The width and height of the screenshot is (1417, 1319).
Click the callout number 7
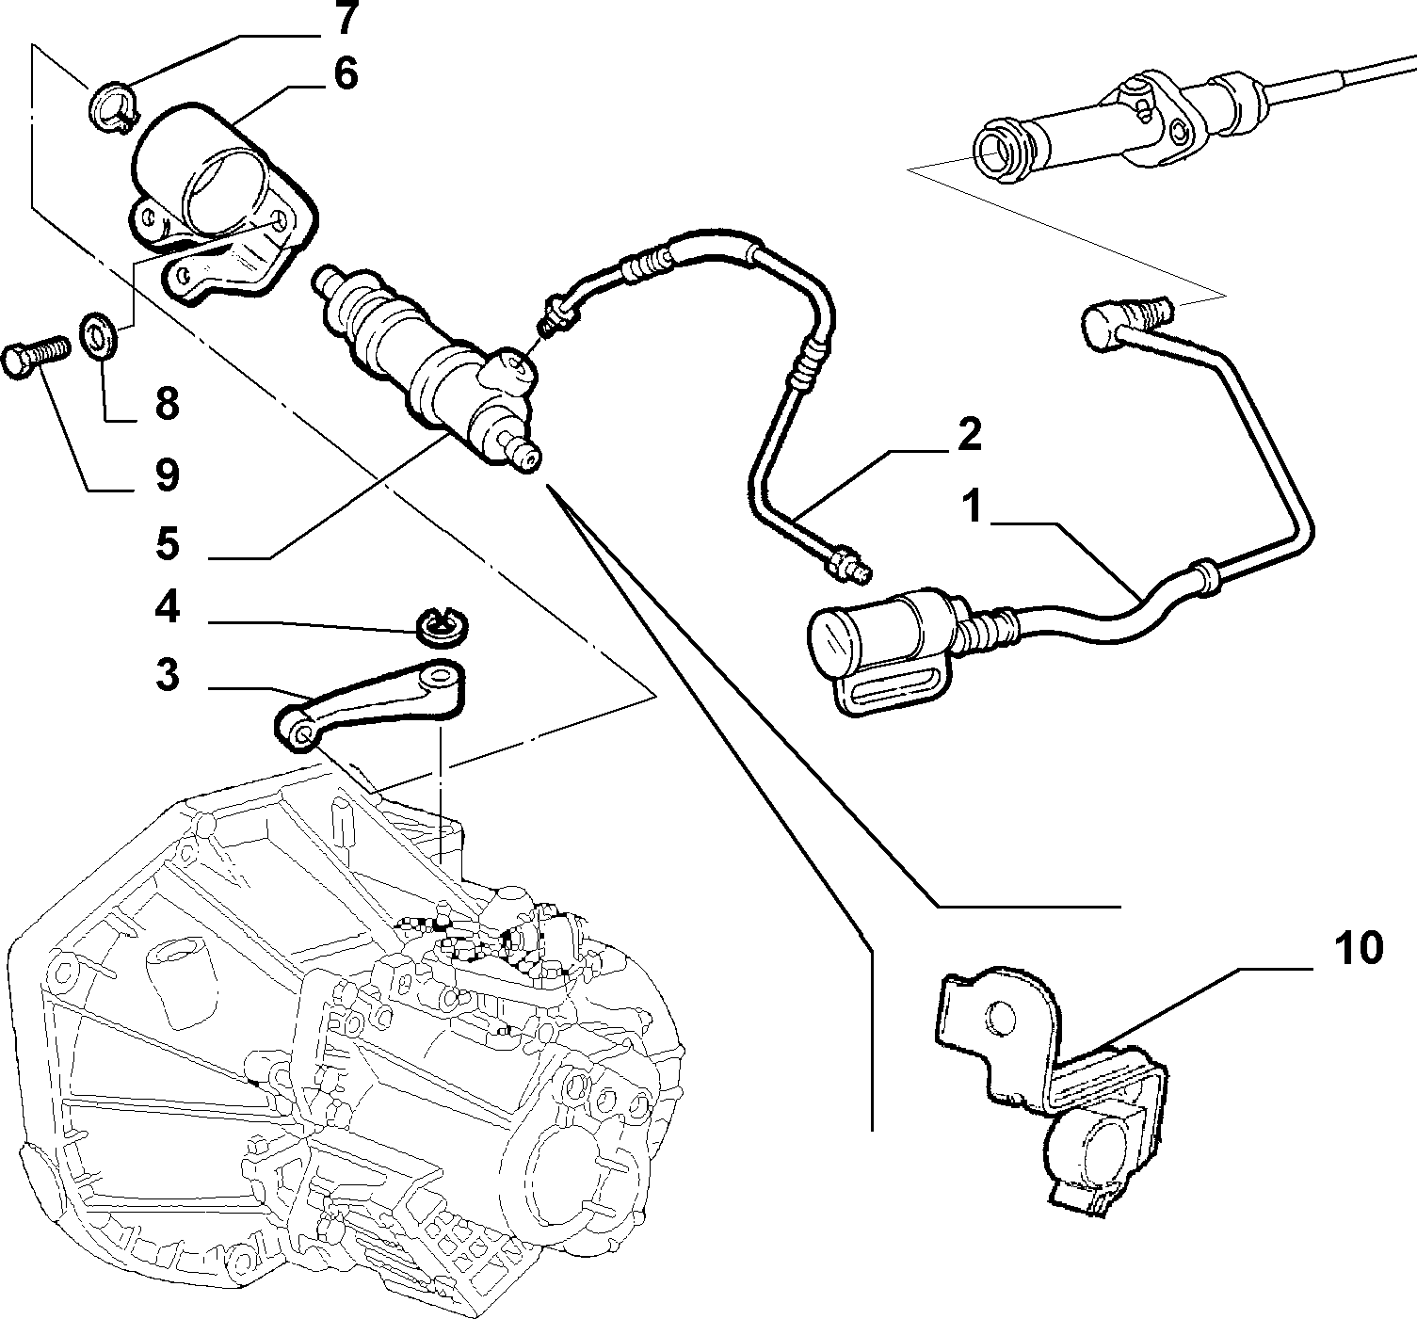[346, 19]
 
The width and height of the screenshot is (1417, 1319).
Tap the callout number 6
[346, 74]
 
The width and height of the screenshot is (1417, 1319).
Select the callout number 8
[167, 403]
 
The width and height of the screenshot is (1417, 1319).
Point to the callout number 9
[167, 475]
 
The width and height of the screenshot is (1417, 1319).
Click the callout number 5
[167, 543]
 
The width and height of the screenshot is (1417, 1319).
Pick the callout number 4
[167, 608]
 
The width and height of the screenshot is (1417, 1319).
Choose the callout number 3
[167, 674]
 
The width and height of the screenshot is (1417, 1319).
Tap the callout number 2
[969, 434]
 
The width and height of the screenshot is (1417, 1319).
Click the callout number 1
[972, 507]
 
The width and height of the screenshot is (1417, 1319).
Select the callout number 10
[1359, 949]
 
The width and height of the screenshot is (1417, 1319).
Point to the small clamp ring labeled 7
[112, 107]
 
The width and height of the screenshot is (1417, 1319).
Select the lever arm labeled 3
[370, 704]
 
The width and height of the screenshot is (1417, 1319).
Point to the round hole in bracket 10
[1000, 1020]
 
